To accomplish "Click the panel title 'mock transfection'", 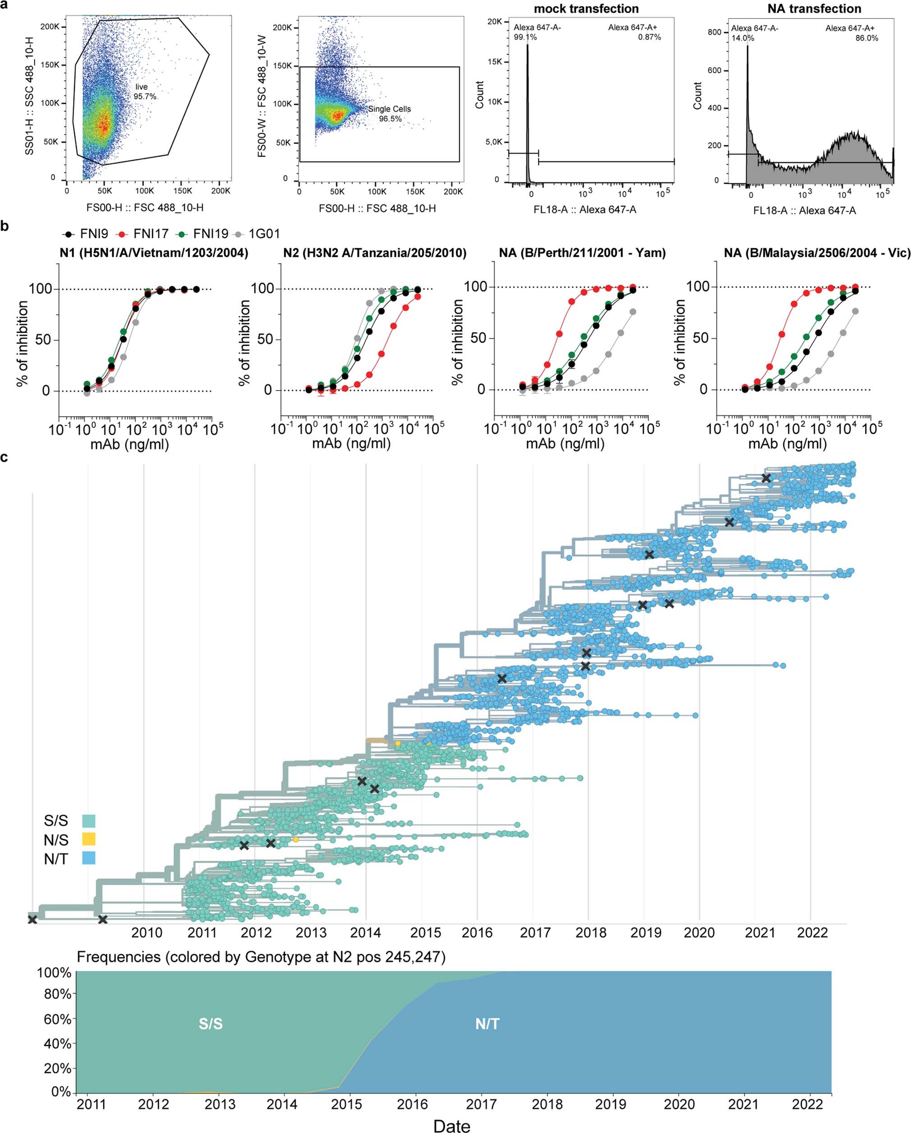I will pyautogui.click(x=586, y=9).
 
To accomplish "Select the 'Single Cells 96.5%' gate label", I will pyautogui.click(x=389, y=113).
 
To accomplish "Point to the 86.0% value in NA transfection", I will pyautogui.click(x=866, y=38).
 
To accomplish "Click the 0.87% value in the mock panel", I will pyautogui.click(x=650, y=37).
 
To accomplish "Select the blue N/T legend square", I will pyautogui.click(x=89, y=859).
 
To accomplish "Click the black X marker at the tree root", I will pyautogui.click(x=32, y=919).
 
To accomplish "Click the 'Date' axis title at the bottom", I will pyautogui.click(x=452, y=1124).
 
